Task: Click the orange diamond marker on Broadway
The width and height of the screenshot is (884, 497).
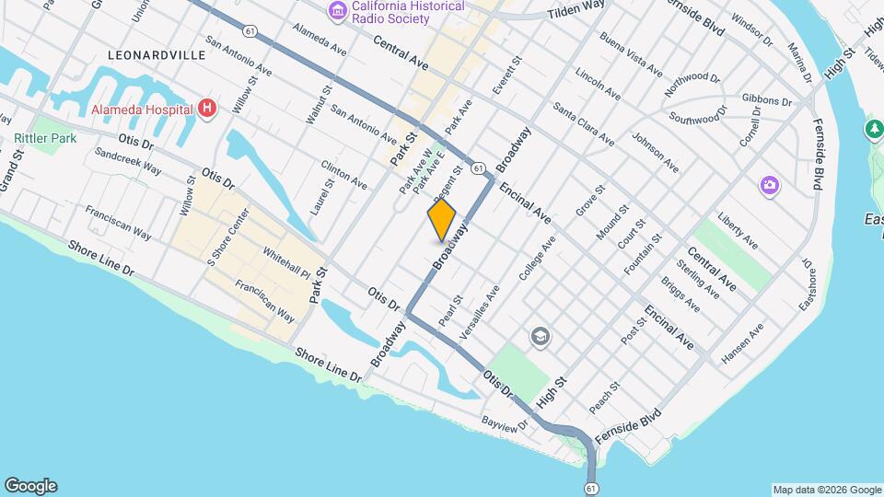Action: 442,220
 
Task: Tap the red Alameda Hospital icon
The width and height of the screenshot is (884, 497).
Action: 208,109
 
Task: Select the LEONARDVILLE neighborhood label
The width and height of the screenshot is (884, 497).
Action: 157,55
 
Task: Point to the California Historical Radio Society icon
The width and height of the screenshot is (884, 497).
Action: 337,11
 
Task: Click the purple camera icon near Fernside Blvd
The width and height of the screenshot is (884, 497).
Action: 769,187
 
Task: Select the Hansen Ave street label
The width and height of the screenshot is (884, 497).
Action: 743,342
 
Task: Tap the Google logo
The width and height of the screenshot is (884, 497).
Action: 30,486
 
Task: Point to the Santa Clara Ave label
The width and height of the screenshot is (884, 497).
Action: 584,124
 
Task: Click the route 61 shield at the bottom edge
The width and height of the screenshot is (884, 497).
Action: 590,485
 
